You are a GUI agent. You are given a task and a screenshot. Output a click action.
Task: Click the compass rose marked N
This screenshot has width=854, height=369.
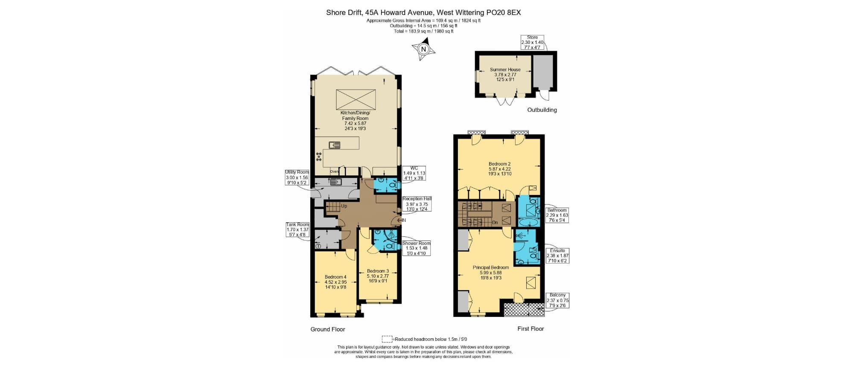[423, 49]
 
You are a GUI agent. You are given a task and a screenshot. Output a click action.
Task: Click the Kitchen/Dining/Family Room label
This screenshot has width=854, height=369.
[355, 120]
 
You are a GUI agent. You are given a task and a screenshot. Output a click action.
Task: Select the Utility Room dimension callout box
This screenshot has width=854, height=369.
[297, 177]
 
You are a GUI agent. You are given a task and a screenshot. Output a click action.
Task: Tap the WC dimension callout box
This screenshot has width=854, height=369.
[414, 173]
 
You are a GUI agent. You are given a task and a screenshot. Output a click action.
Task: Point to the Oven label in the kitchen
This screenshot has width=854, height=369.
[334, 171]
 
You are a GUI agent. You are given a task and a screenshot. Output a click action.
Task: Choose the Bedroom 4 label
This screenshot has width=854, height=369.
[335, 282]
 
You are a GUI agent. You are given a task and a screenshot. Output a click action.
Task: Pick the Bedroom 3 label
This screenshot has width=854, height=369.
[378, 276]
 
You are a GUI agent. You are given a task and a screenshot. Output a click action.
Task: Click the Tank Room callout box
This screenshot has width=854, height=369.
[297, 230]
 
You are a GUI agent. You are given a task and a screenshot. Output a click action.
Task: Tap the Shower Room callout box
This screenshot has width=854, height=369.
[416, 248]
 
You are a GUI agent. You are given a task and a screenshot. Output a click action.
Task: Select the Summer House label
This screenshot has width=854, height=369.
[505, 74]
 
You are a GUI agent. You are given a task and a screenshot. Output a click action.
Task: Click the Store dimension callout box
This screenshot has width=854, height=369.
[532, 42]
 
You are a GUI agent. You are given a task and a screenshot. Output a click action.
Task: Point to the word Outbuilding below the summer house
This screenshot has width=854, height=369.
[542, 110]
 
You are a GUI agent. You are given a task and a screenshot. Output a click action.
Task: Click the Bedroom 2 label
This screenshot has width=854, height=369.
[499, 169]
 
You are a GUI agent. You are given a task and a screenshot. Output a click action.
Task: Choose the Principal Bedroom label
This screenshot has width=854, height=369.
[490, 272]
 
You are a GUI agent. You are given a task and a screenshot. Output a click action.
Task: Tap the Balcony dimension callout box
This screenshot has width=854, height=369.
[557, 300]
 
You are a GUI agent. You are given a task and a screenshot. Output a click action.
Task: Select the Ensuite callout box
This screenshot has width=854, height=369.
[557, 256]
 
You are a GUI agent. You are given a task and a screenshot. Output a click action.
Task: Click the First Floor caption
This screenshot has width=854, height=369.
[530, 328]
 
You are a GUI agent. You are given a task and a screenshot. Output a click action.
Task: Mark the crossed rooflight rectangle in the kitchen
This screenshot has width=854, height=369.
[356, 99]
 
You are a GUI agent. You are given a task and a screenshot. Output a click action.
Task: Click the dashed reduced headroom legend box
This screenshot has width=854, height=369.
[387, 339]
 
